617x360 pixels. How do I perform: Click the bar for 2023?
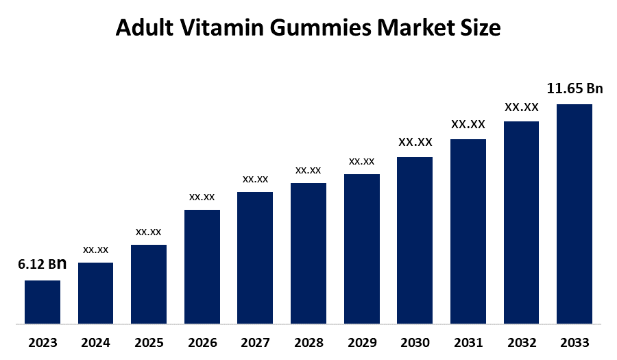tap(43, 302)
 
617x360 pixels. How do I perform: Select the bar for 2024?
tap(95, 293)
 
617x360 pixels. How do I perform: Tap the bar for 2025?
tap(149, 284)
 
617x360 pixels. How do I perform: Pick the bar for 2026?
tap(202, 266)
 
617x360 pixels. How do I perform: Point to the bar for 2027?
tap(255, 257)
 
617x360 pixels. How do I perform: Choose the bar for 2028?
tap(308, 253)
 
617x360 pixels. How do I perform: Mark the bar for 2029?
tap(362, 248)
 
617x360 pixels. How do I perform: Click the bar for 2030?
tap(415, 240)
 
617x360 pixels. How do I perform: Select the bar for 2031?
tap(468, 231)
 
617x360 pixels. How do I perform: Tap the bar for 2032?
tap(521, 222)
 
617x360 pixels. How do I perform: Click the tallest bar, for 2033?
tap(574, 213)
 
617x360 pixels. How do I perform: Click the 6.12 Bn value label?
tap(43, 264)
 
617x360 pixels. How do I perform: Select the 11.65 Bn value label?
tap(574, 88)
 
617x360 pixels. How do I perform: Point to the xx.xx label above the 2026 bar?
tap(202, 197)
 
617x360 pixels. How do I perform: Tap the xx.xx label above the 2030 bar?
tap(415, 142)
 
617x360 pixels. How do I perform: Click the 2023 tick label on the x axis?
tap(43, 342)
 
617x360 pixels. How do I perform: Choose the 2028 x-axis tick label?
tap(308, 342)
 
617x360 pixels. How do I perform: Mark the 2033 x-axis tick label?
tap(574, 342)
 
